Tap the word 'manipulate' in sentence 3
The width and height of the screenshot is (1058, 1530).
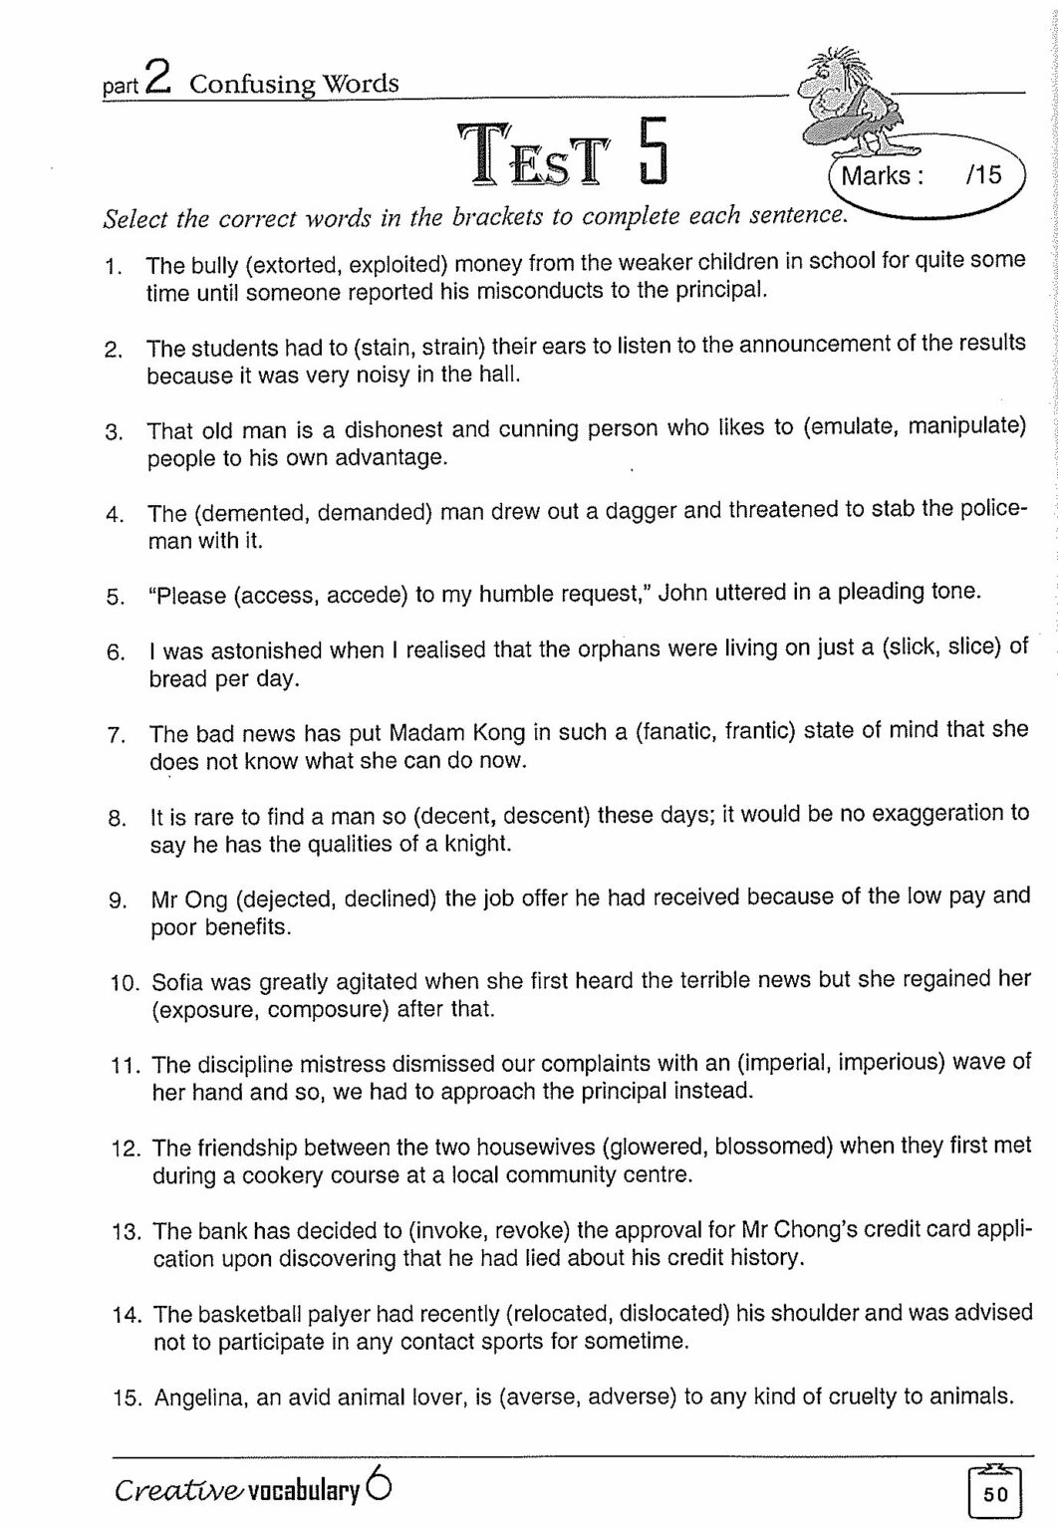coord(966,428)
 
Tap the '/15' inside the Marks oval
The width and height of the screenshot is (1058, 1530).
coord(982,176)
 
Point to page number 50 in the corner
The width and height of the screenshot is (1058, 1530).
coord(995,1493)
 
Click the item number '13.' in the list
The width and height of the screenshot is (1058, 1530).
coord(128,1231)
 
